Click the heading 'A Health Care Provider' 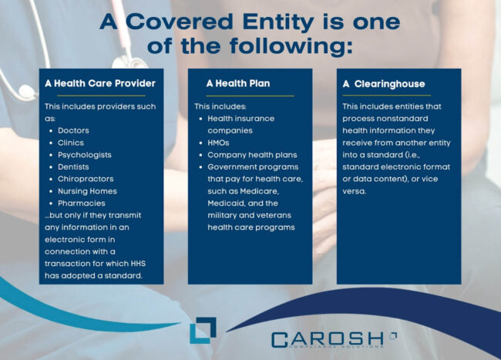click(x=100, y=83)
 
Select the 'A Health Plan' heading click(x=237, y=83)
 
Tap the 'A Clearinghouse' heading click(x=383, y=83)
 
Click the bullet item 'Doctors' click(x=73, y=130)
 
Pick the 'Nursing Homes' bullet click(x=87, y=190)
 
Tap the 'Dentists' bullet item click(x=74, y=167)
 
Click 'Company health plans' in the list click(x=252, y=155)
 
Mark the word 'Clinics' click(x=71, y=143)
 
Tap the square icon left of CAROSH click(x=203, y=329)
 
